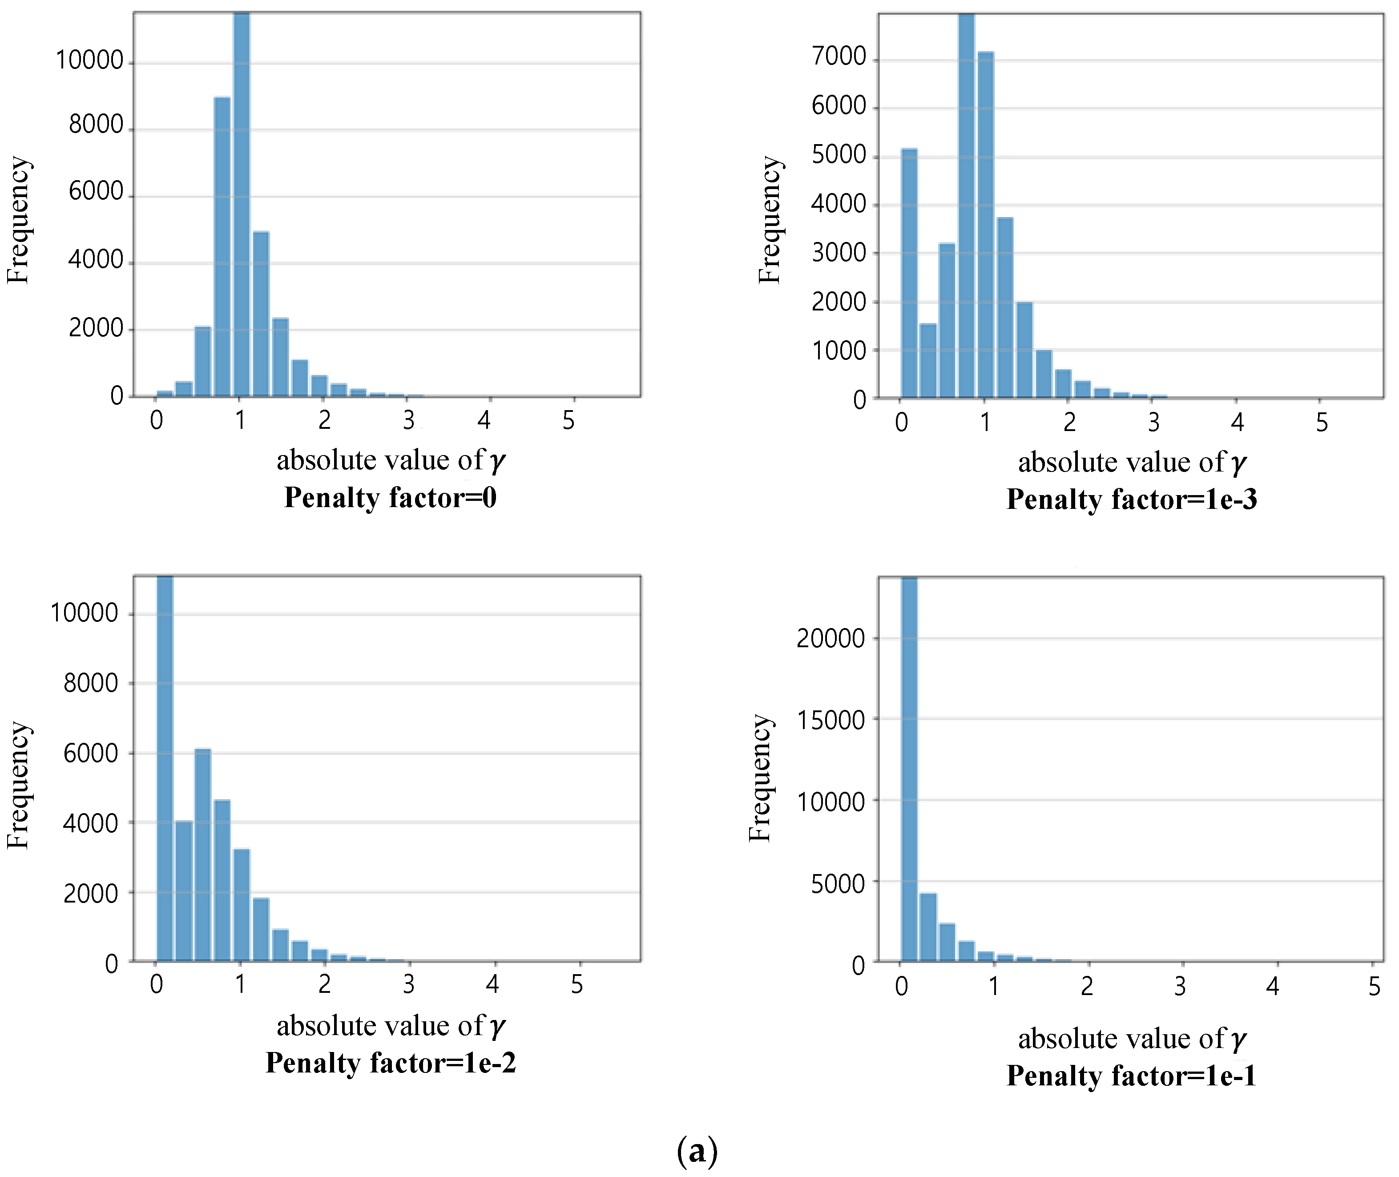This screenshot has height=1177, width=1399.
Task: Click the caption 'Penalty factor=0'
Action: click(x=390, y=498)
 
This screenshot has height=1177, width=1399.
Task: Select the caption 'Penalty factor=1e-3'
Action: click(x=1132, y=500)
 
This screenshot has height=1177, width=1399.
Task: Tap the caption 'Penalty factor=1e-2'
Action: click(x=390, y=1063)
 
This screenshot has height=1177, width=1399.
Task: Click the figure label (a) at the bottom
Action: click(x=697, y=1151)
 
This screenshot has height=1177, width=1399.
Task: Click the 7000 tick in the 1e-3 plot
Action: click(x=839, y=57)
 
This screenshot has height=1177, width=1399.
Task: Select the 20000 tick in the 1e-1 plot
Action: click(x=831, y=639)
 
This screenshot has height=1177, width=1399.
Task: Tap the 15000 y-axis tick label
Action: click(x=831, y=721)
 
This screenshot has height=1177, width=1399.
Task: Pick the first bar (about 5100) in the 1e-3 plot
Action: click(x=909, y=274)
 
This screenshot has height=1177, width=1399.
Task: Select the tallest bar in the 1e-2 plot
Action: click(x=165, y=767)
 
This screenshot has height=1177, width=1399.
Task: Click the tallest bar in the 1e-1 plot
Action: click(x=909, y=767)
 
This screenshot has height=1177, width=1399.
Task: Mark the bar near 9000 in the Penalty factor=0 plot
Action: click(x=222, y=247)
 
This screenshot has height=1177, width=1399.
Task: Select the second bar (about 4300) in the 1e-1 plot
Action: click(x=928, y=927)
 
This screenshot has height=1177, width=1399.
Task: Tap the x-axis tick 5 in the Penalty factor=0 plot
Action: click(x=568, y=420)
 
